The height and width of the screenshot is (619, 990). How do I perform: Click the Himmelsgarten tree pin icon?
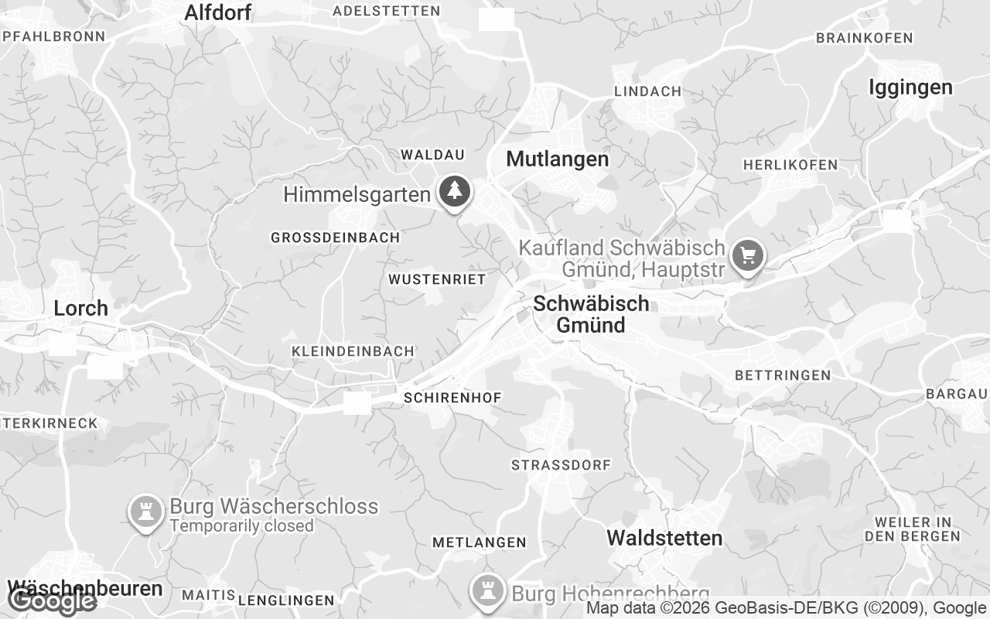click(456, 190)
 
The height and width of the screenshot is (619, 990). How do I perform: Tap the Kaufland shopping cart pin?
click(747, 255)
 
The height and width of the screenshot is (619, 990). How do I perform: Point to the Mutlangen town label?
click(557, 159)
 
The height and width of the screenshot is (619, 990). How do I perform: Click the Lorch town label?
click(80, 308)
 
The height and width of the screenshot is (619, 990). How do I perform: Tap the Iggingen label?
click(910, 87)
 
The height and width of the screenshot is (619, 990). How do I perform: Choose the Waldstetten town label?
click(664, 538)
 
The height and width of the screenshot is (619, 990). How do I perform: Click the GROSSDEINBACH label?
click(335, 238)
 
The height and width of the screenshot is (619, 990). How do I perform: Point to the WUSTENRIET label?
click(437, 279)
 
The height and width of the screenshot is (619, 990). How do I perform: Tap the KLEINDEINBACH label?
click(353, 351)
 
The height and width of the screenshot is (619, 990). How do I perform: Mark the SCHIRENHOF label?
click(452, 398)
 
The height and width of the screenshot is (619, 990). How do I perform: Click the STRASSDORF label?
click(561, 465)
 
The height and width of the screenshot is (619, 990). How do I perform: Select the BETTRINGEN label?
click(783, 375)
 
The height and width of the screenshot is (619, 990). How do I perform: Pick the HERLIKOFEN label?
click(790, 165)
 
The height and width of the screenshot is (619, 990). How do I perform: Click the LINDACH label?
click(647, 91)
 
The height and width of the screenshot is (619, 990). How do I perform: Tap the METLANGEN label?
click(479, 542)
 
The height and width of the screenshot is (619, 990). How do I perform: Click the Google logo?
click(53, 600)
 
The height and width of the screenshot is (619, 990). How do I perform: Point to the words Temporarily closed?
click(241, 526)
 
